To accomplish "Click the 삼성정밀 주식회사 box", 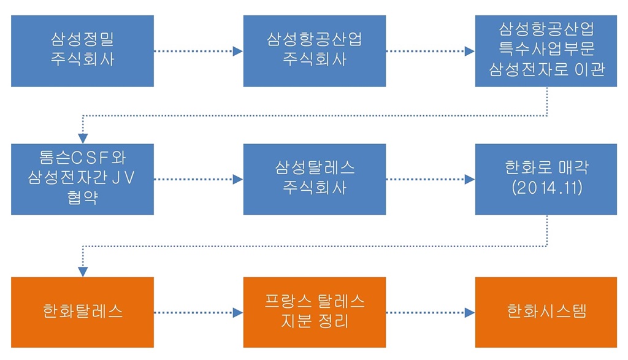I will (82, 51).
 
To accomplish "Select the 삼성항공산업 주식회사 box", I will (314, 51).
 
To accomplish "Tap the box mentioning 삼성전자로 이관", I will (546, 51).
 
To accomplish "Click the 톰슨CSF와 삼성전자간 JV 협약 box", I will (82, 179).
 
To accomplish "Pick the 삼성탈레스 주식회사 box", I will (314, 179).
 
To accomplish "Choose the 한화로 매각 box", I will (546, 179).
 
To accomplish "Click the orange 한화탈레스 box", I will (82, 312).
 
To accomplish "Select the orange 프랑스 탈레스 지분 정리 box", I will (314, 312).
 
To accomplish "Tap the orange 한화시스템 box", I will (546, 312).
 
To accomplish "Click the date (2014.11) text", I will (546, 188).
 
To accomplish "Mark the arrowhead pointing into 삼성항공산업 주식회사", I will (238, 52).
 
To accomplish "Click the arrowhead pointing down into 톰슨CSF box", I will (82, 139).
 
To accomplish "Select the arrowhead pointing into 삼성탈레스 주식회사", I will (238, 180).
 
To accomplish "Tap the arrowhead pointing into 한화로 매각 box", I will (470, 180).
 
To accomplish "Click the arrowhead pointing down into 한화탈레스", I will (82, 272).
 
